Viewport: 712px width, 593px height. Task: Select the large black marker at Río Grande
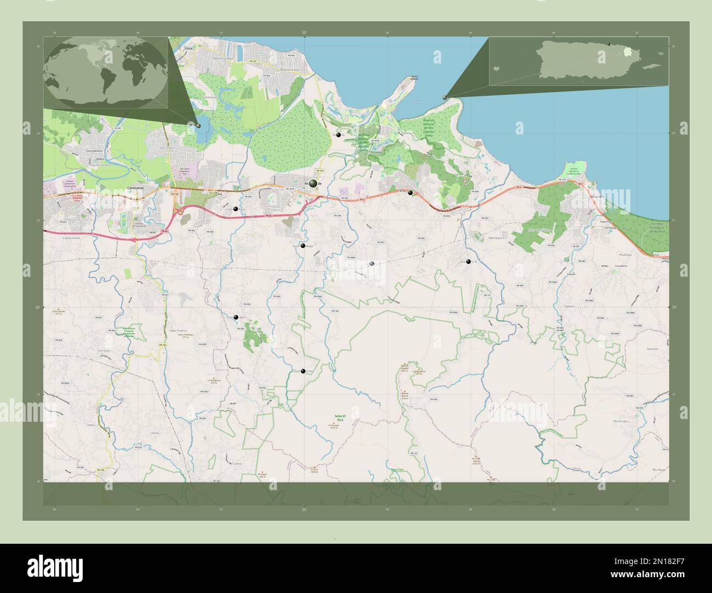(x=313, y=184)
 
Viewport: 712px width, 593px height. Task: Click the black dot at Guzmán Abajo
(x=303, y=246)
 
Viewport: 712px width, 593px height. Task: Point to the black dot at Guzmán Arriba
(x=303, y=371)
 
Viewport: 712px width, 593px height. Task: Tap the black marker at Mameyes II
(x=468, y=261)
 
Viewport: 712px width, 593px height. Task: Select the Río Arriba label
(x=621, y=421)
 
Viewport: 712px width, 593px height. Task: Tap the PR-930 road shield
(x=433, y=399)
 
